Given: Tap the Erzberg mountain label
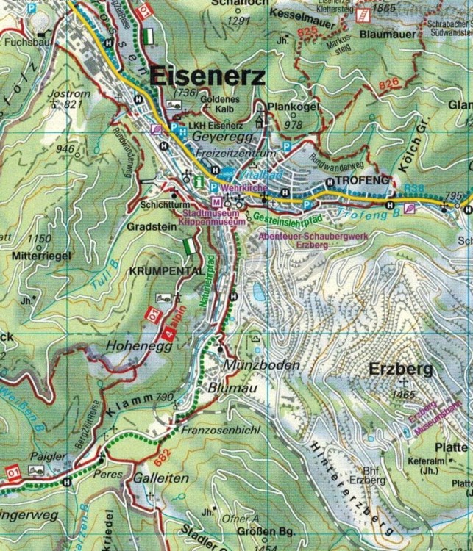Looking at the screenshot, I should point(401,370).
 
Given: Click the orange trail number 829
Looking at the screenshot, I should point(310,33).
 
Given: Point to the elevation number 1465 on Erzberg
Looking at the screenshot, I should point(402,395).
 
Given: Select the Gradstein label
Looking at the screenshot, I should point(151,227).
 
